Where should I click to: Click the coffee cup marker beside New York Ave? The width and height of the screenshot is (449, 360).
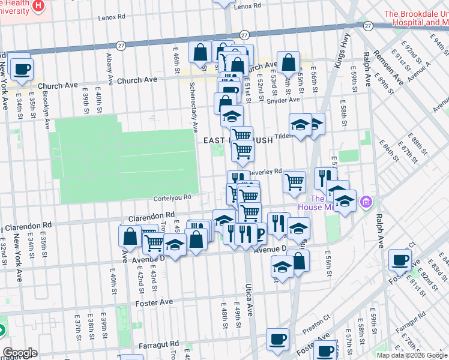coord(22,69)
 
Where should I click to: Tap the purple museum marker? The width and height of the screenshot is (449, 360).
coord(366,204)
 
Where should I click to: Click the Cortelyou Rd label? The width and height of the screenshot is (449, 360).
coord(172,197)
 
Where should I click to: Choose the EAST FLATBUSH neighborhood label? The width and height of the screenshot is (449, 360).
coord(238,140)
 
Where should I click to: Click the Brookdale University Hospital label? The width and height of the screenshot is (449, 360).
coord(415,18)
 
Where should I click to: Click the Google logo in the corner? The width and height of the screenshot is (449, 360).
coord(20,353)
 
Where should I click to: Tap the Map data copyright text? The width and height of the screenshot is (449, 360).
coord(412,355)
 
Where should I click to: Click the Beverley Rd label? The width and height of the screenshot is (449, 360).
coord(270,171)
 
